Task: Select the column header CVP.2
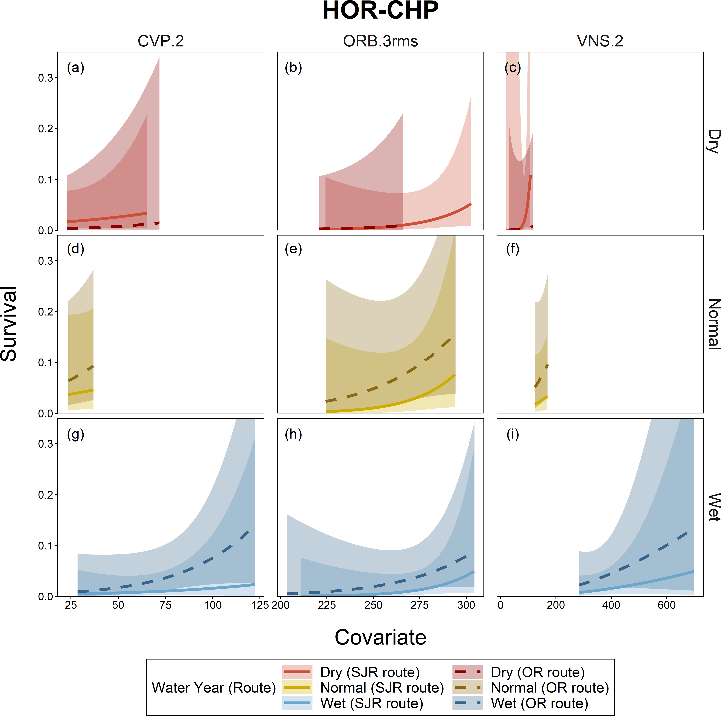tap(161, 41)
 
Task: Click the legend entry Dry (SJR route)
tap(369, 672)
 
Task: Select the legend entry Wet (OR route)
tap(539, 703)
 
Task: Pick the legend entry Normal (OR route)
tap(549, 688)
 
